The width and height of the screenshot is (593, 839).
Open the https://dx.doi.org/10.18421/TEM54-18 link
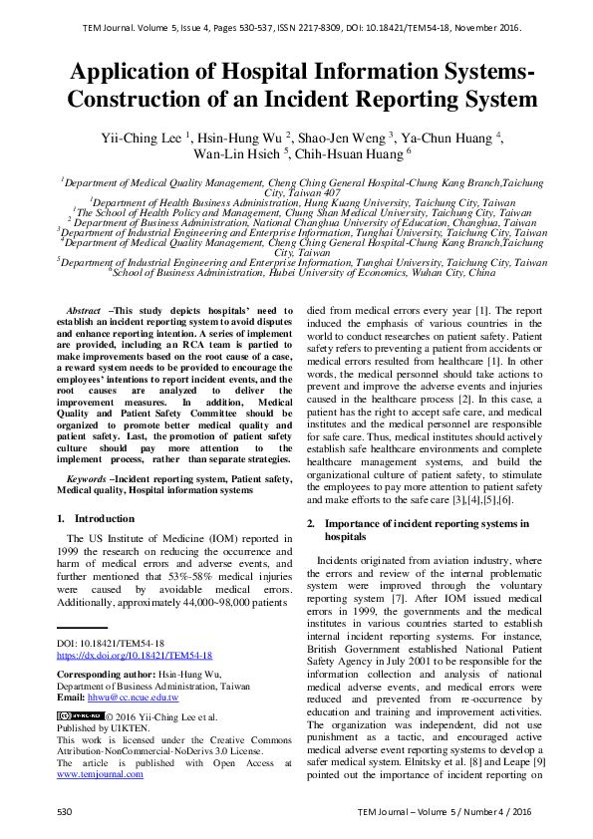point(134,656)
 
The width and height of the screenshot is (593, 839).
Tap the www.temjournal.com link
point(96,773)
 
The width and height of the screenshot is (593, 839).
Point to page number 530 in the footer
point(65,812)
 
